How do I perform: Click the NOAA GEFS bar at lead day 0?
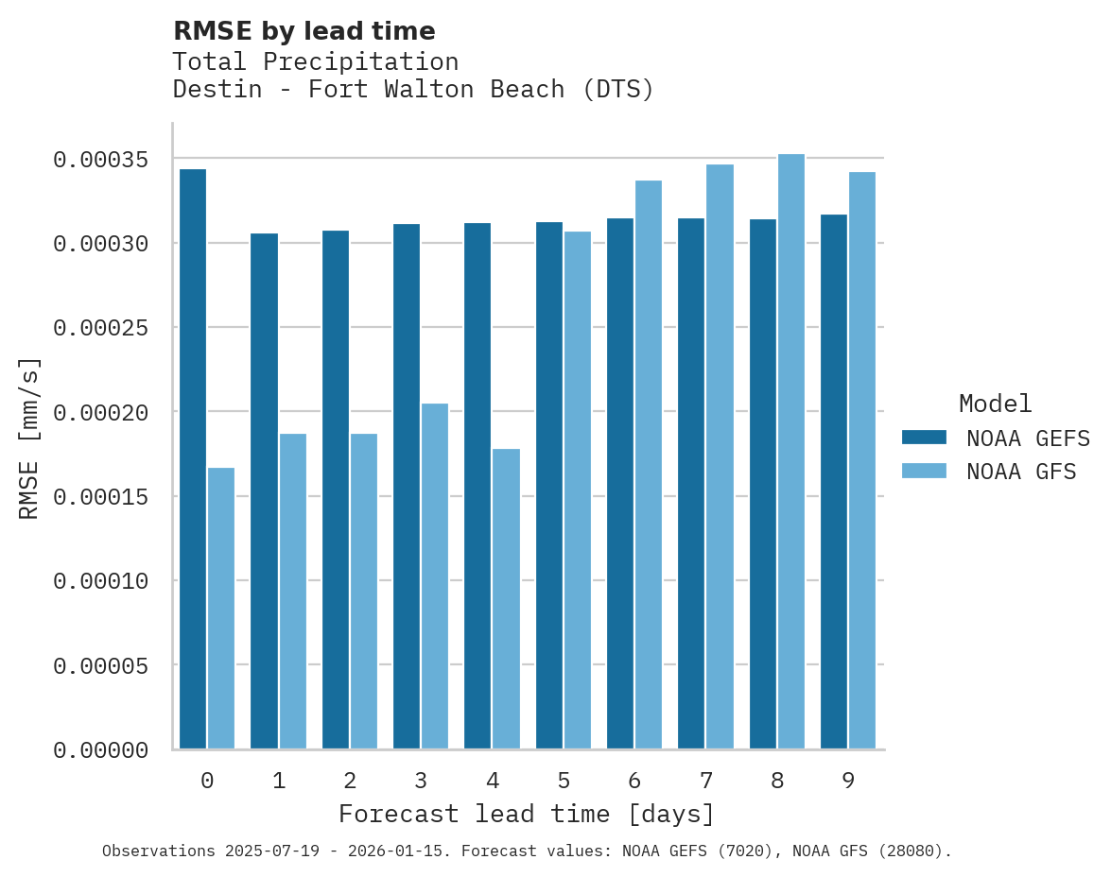pos(192,459)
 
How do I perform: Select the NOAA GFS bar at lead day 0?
pos(221,609)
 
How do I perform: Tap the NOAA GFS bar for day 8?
pos(791,452)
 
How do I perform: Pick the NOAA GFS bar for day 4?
pos(506,599)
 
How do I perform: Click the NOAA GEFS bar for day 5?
pos(549,486)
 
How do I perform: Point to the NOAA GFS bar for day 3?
pos(435,576)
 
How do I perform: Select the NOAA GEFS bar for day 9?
pos(834,482)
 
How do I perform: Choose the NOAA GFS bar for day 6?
pos(649,465)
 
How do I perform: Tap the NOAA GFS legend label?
pos(1021,471)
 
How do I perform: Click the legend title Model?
pos(995,404)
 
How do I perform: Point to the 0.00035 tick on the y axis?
pos(100,159)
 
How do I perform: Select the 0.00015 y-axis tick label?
pos(100,496)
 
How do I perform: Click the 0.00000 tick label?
pos(100,750)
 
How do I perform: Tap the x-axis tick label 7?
pos(706,781)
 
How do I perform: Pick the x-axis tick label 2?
pos(350,781)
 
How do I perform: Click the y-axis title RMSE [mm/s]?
pos(29,438)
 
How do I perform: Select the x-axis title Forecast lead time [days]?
pos(527,814)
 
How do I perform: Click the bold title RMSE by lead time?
pos(304,31)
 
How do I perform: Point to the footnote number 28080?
pos(912,851)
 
